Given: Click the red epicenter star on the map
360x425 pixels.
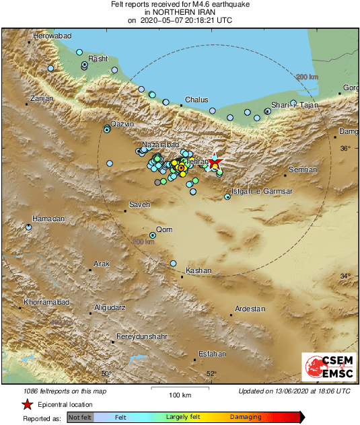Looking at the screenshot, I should point(214,163).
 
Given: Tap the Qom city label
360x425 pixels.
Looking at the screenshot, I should point(164,230).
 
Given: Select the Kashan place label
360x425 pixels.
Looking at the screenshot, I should point(199,270).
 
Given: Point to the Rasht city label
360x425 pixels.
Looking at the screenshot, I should point(98,59).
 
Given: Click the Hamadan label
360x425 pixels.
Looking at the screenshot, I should point(48,219).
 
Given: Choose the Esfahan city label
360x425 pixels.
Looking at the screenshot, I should point(213,353).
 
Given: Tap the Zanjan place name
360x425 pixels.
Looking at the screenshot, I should point(42,98).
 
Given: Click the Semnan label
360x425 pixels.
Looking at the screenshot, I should point(302,169).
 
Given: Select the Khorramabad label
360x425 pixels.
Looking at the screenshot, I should point(46,303).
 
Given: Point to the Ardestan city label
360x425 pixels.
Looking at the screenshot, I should point(250,309).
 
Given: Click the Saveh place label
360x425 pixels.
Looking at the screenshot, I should point(139,204).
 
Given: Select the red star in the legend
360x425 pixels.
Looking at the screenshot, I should point(27,404).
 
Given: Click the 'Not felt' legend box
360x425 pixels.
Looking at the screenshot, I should point(80,417).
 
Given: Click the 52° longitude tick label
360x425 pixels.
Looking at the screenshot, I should point(211,374).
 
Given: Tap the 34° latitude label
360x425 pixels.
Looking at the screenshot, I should point(344,276).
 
